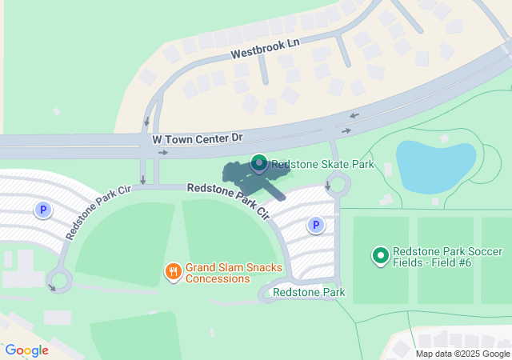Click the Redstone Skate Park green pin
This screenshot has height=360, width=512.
(x=259, y=164)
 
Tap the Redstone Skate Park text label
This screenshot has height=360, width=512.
(x=322, y=165)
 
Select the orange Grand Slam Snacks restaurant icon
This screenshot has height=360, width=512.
(x=173, y=272)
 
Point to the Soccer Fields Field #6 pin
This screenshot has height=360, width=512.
(x=381, y=256)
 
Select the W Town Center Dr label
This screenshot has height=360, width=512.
(x=197, y=138)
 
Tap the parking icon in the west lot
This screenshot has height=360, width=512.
(x=43, y=210)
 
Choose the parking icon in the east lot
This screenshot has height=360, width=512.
(x=316, y=226)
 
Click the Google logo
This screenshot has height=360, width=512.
(x=27, y=350)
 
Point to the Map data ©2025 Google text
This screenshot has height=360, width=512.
(x=462, y=354)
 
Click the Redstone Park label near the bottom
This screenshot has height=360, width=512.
(x=308, y=292)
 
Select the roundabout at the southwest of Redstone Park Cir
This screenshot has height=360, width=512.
(x=59, y=280)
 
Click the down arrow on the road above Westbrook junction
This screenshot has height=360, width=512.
(x=146, y=122)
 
